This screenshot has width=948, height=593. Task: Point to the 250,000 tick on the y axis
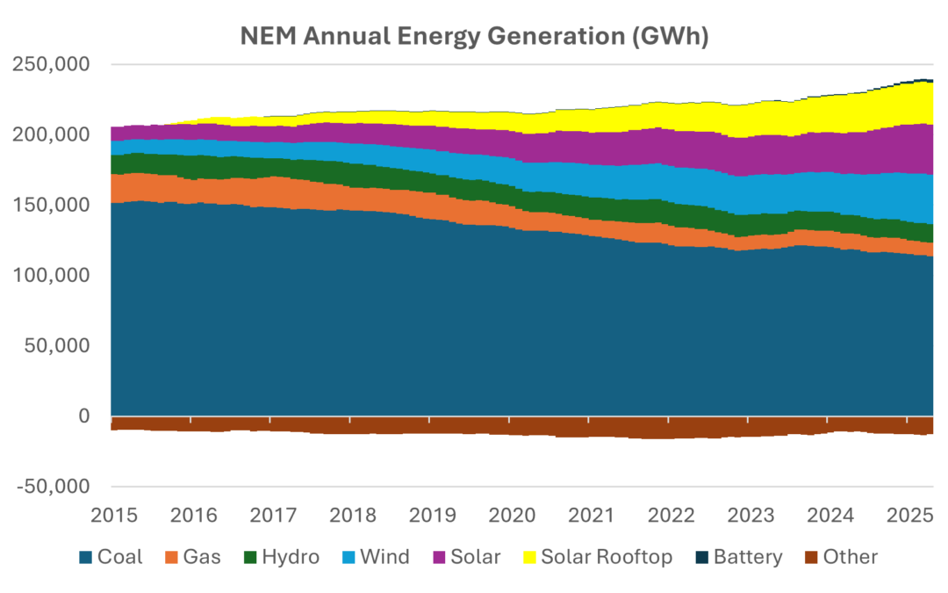pos(51,64)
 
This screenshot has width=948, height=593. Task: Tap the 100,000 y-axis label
pos(51,275)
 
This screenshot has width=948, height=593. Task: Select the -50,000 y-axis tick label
pos(54,487)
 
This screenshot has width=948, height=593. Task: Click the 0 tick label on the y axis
pos(84,416)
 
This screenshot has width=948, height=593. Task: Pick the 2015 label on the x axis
pos(114,516)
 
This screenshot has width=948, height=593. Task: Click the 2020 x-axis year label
pos(512,516)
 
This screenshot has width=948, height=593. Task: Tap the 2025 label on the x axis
pos(910,516)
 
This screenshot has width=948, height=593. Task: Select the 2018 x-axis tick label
pos(353,516)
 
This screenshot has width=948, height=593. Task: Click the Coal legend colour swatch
pos(86,557)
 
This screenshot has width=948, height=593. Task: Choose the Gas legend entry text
pos(202,557)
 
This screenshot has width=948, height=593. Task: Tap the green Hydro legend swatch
pos(250,557)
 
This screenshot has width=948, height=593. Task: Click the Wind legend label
pos(385,557)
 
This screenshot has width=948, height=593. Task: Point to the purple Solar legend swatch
pos(440,557)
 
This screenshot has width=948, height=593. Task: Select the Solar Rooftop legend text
pos(607,557)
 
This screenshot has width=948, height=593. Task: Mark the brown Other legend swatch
pos(811,557)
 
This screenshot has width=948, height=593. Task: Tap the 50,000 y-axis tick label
pos(57,345)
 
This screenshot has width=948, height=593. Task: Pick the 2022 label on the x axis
pos(671,516)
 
